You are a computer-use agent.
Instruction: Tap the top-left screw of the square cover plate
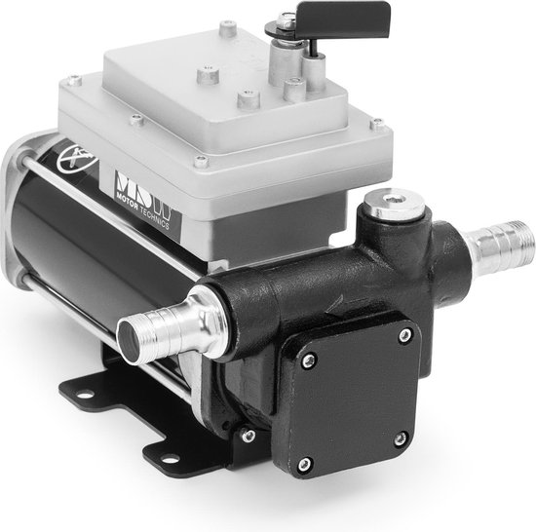point(309,362)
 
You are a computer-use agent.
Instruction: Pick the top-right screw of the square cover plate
point(402,334)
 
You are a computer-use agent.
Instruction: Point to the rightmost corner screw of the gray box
point(379,123)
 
